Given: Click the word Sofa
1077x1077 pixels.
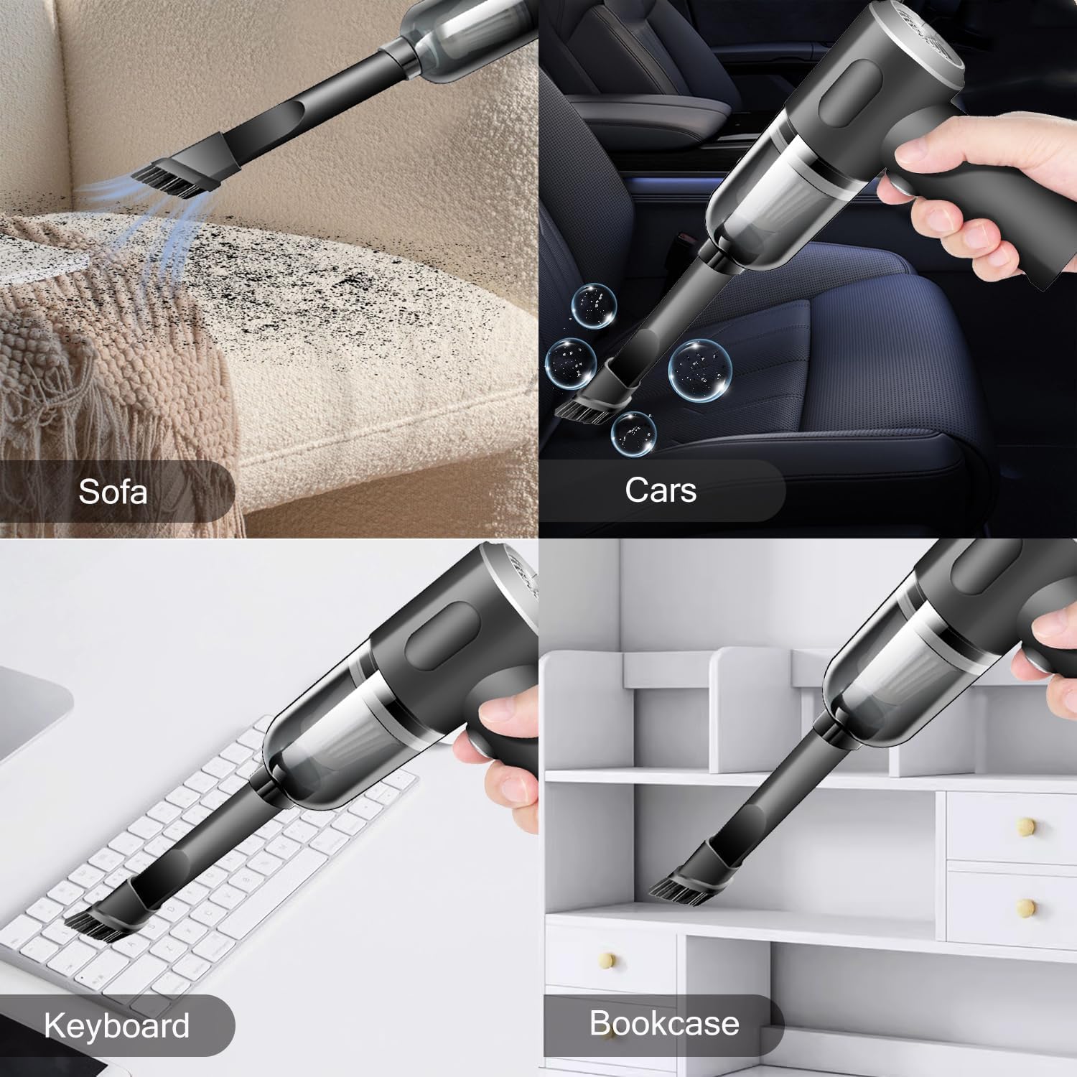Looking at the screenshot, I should [113, 492].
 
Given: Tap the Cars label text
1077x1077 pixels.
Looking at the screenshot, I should [661, 490].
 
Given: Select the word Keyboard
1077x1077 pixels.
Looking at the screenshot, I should [117, 1025].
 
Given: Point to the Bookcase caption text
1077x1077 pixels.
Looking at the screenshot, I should [664, 1023].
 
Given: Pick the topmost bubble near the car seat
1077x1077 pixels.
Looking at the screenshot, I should [594, 304].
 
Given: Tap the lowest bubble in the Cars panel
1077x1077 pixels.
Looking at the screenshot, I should [634, 432].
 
